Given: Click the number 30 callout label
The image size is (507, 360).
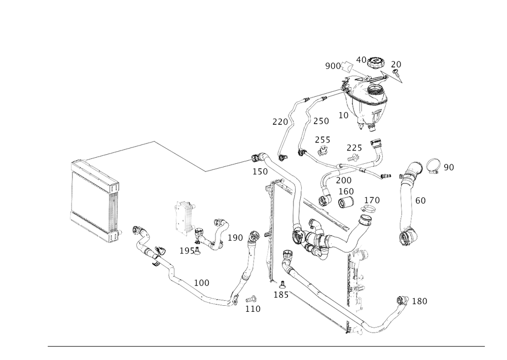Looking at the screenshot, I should click(449, 166).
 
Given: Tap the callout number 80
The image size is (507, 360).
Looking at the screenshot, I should click(420, 201).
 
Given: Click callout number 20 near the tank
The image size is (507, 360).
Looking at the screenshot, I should click(396, 64).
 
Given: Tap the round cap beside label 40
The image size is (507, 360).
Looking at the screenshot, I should click(376, 63).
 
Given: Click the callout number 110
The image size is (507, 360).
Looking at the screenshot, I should click(252, 308).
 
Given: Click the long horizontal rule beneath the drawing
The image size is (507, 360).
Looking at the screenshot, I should click(266, 347).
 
